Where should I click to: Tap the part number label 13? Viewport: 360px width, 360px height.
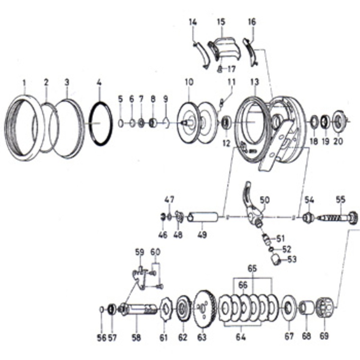[255, 82]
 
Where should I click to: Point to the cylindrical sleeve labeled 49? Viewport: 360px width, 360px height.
[202, 217]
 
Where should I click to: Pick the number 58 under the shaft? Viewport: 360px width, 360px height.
[136, 337]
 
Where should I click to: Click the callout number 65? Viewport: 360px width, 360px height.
[252, 268]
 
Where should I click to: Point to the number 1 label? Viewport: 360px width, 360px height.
[24, 82]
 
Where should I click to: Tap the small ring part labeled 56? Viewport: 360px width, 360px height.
[101, 309]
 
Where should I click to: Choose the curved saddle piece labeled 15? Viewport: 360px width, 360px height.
[224, 49]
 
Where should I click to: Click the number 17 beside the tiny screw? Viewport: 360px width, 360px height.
[232, 69]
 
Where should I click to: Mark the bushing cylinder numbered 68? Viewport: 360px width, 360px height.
[307, 308]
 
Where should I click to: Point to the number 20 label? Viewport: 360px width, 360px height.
[338, 141]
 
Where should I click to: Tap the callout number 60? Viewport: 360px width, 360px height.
[155, 252]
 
